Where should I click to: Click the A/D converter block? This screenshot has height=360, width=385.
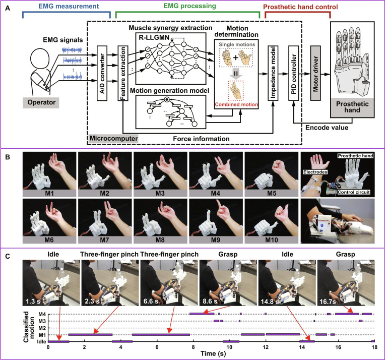click(x=102, y=73)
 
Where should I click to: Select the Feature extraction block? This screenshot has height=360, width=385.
click(x=123, y=73)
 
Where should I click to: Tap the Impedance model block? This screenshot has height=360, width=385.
click(x=273, y=73)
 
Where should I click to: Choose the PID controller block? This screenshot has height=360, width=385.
click(x=293, y=73)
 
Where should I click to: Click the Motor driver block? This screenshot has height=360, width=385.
click(x=315, y=73)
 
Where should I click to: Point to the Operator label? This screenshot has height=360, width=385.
click(x=41, y=102)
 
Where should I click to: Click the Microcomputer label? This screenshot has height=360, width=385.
click(x=113, y=138)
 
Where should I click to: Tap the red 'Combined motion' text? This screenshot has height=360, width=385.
click(x=236, y=104)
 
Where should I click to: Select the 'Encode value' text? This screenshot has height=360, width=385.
click(x=327, y=128)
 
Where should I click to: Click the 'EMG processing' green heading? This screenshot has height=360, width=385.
click(x=189, y=6)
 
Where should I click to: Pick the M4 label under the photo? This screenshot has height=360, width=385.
click(x=215, y=193)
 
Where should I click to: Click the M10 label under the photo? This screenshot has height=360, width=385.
click(x=271, y=240)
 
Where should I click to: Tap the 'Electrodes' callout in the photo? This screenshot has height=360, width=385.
click(x=315, y=172)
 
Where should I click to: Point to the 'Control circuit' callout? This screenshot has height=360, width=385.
click(x=354, y=192)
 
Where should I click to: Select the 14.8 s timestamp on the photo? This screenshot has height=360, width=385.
click(x=271, y=301)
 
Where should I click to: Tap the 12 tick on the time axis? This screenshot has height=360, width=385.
click(x=266, y=347)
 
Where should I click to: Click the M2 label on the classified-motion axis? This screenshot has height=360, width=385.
click(x=42, y=328)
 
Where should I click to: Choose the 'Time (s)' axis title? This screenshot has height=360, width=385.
click(x=213, y=354)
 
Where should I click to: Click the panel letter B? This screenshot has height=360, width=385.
click(x=8, y=157)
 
